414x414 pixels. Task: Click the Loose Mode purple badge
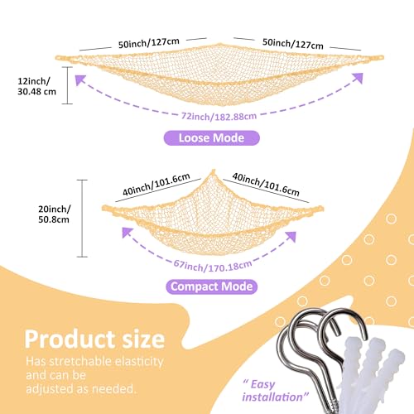212,138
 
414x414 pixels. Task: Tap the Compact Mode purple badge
212,286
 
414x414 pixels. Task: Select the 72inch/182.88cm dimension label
219,116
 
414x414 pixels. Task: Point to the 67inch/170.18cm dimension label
213,266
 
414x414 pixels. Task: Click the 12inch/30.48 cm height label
36,86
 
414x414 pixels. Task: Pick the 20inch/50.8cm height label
54,214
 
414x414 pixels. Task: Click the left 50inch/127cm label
149,43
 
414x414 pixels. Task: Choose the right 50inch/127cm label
293,44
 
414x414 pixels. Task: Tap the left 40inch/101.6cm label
156,185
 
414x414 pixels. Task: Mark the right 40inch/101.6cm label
266,185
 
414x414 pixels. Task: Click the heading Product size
94,339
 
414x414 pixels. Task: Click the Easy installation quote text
275,391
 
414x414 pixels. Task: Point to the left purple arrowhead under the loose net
81,80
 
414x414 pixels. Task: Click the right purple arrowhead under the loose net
357,79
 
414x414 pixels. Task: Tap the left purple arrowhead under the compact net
128,233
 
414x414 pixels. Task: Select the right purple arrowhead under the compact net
291,237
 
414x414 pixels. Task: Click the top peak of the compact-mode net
213,171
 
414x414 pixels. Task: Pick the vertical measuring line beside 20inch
82,219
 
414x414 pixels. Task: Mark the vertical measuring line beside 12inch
67,85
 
